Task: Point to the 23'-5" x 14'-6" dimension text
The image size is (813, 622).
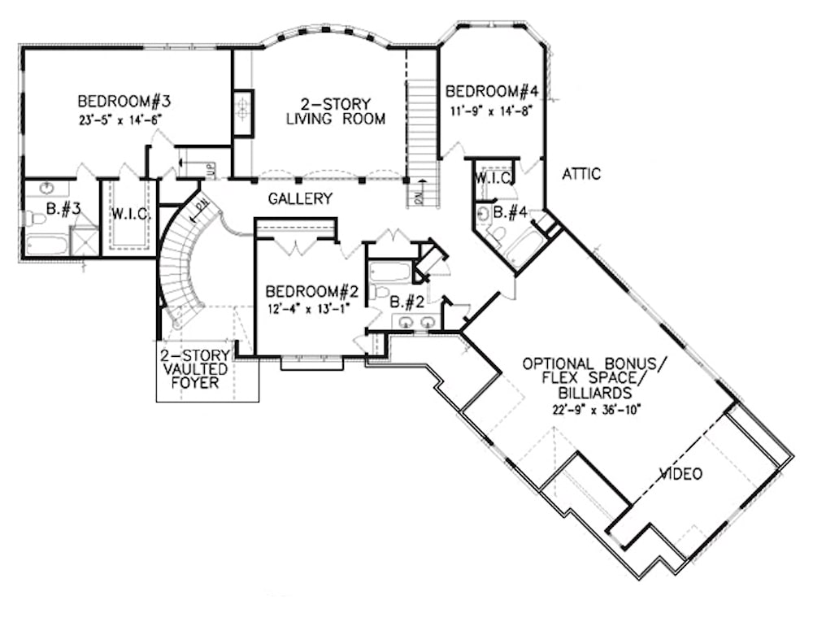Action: [124, 118]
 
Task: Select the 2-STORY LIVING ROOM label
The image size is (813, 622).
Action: [334, 111]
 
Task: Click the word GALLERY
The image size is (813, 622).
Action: [302, 198]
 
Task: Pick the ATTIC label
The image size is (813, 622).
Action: [581, 174]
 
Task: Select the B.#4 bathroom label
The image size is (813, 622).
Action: [512, 213]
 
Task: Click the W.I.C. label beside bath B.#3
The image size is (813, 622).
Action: [128, 215]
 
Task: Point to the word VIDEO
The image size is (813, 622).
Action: [680, 474]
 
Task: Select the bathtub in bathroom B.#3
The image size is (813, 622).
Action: [46, 244]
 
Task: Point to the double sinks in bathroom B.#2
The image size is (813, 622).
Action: [415, 323]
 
